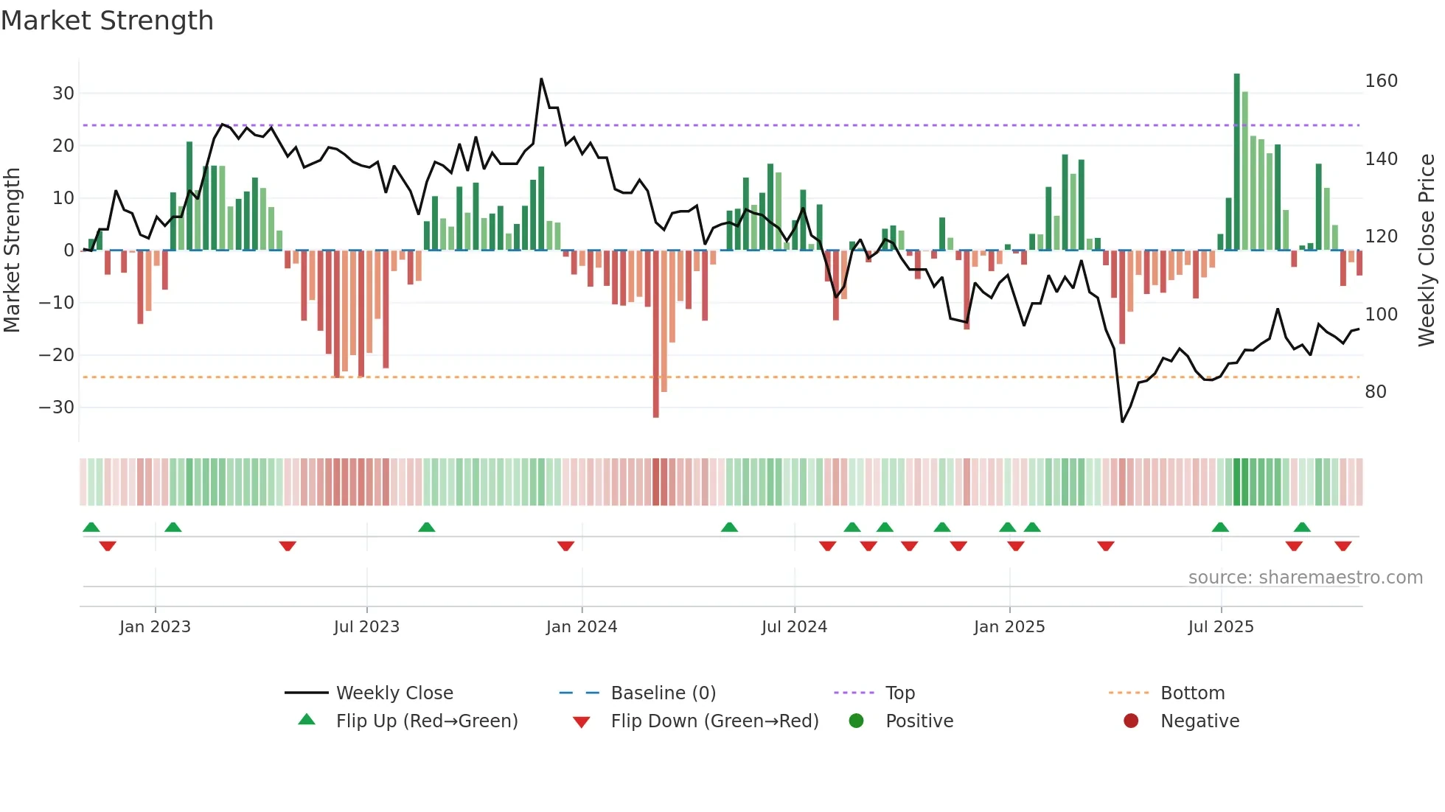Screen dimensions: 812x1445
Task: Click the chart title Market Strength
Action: point(107,21)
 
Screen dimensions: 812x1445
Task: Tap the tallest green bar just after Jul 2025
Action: point(1236,162)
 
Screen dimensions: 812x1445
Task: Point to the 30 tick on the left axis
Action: point(63,94)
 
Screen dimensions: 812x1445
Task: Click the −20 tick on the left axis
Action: point(57,355)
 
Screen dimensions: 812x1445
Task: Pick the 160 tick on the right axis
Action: point(1381,81)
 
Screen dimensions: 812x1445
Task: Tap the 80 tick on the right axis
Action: point(1376,392)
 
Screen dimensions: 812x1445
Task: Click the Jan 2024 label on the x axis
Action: point(582,627)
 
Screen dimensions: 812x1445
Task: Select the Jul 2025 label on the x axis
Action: point(1221,627)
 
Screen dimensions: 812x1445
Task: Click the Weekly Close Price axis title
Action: point(1427,251)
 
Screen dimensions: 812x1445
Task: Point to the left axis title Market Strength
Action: point(13,251)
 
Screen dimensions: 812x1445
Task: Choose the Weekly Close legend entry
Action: point(394,693)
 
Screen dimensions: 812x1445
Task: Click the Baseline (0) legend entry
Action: point(663,693)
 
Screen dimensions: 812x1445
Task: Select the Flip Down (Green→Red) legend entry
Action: point(714,721)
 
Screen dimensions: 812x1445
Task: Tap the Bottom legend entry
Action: point(1192,693)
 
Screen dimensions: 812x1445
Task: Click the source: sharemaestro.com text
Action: point(1305,578)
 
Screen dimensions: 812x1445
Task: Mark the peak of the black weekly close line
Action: point(541,79)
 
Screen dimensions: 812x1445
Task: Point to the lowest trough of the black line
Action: point(1122,421)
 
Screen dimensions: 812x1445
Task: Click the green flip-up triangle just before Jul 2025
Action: point(1220,528)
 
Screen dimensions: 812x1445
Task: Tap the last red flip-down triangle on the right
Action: point(1343,546)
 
